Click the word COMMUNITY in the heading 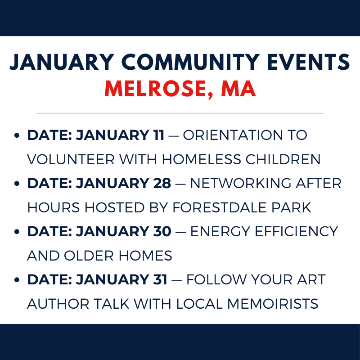click(190, 62)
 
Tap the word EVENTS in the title click(308, 62)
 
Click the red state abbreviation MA click(238, 89)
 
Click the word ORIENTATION click(233, 135)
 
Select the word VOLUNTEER click(71, 159)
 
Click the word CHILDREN click(283, 159)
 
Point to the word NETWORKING click(241, 183)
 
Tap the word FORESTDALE click(220, 207)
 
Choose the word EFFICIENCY click(296, 231)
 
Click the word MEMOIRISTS click(273, 304)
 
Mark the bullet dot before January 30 click(17, 232)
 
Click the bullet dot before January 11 click(17, 135)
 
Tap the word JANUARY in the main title click(62, 62)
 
